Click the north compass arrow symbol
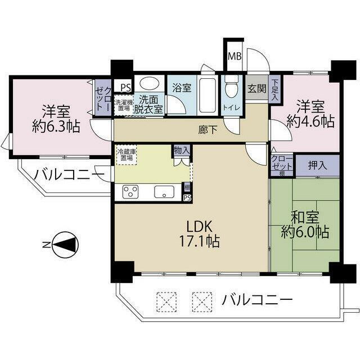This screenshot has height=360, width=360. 67,245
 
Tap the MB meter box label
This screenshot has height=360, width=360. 234,56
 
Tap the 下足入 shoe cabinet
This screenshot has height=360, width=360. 275,89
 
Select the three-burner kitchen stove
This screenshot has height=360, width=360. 130,191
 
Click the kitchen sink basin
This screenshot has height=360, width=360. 163,191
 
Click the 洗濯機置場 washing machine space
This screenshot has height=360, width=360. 123,105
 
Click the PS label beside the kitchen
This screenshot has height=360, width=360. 187,197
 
